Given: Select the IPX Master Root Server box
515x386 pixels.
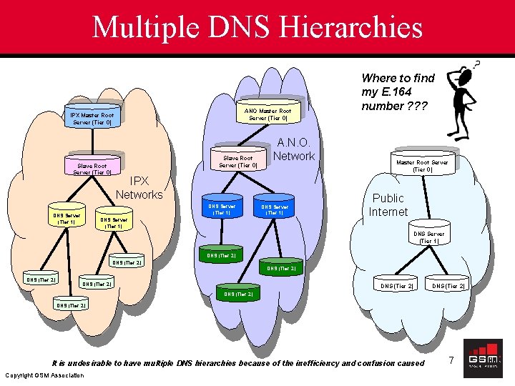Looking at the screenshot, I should coord(92,118).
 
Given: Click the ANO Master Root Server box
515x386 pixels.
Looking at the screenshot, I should coord(268,114).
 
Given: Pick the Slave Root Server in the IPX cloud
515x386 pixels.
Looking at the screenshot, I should coord(92,169).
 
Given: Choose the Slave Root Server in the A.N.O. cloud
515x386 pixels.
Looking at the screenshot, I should coord(237,162).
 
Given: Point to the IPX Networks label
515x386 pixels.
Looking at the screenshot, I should coord(139,188).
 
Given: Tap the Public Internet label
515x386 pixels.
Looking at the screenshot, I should coord(388,204).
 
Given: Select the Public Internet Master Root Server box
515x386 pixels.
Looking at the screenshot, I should coord(422,166).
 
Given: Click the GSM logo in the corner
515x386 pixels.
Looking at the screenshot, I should coord(483,359).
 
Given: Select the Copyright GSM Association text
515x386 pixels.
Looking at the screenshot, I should coord(44,375).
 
